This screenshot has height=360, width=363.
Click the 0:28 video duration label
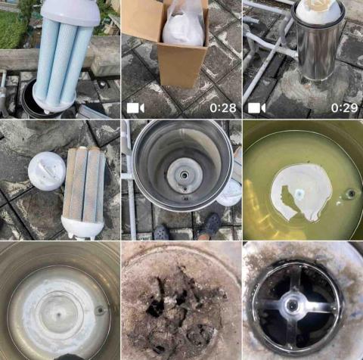pos(223,108)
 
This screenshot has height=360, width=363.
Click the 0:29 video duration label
pos(344,108)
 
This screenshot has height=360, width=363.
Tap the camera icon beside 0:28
pos(135,108)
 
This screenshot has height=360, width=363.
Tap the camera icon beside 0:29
pos(256,108)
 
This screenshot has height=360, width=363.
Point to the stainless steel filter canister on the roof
pos(318,44)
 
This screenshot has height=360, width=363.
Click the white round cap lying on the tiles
pos(47,171)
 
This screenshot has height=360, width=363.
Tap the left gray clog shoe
pos(162,232)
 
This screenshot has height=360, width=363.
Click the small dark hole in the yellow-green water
pos(351,194)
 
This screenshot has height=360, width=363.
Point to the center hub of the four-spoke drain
pos(293,306)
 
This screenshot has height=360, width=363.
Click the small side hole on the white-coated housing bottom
pos(100,310)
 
